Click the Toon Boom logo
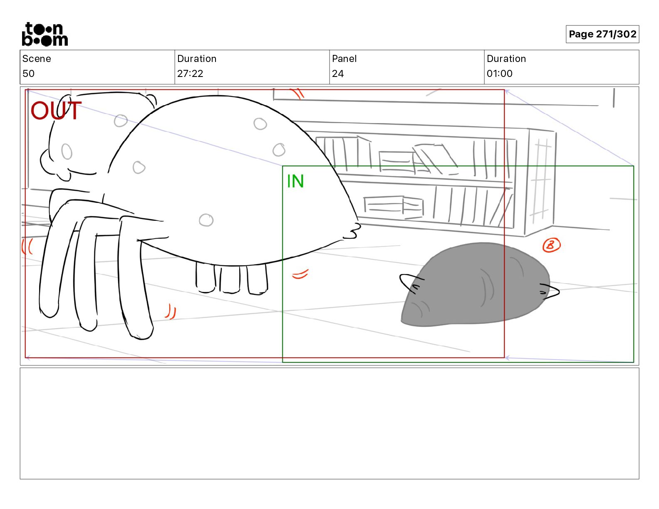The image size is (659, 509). pyautogui.click(x=45, y=34)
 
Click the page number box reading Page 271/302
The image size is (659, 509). pyautogui.click(x=602, y=34)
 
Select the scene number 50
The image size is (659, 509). pyautogui.click(x=29, y=73)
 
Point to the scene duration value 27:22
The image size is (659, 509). pyautogui.click(x=190, y=73)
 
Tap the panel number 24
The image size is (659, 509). pyautogui.click(x=337, y=73)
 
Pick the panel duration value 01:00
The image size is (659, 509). pyautogui.click(x=499, y=73)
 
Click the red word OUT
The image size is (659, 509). pyautogui.click(x=56, y=110)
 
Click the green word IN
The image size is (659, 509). pyautogui.click(x=295, y=181)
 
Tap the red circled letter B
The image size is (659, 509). pyautogui.click(x=551, y=245)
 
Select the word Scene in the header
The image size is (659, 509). pyautogui.click(x=36, y=59)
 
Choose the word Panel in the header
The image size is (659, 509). pyautogui.click(x=344, y=59)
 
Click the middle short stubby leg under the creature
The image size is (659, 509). pyautogui.click(x=230, y=279)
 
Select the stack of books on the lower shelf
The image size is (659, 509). pyautogui.click(x=394, y=206)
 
